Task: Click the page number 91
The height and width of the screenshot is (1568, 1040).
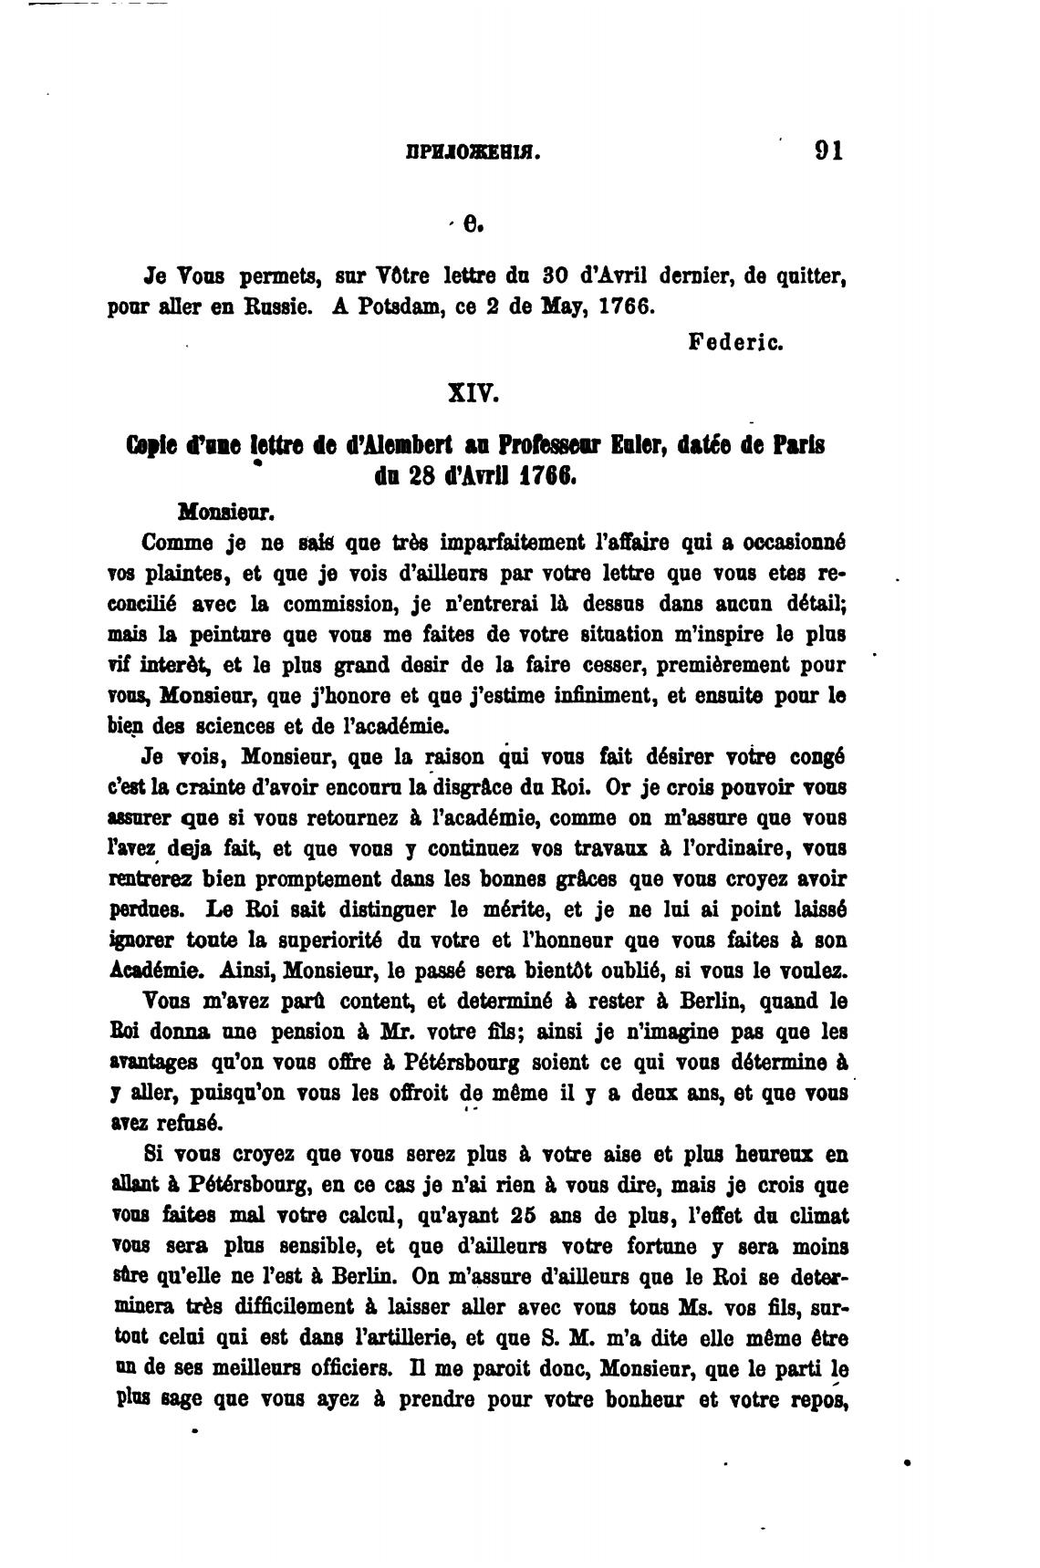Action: (x=828, y=151)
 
